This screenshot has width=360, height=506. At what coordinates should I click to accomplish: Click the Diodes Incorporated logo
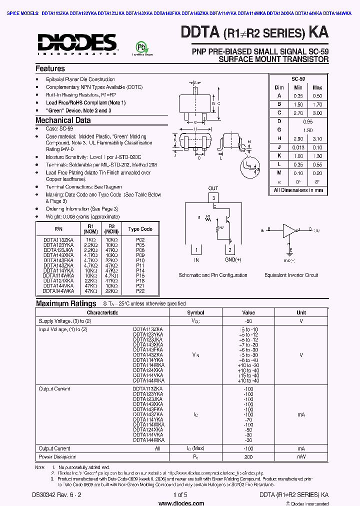[x=76, y=43]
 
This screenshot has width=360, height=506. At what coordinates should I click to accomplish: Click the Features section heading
[x=50, y=68]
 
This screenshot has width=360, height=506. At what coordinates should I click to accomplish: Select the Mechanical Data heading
[x=63, y=120]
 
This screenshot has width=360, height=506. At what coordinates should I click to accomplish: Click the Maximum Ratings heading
[x=66, y=303]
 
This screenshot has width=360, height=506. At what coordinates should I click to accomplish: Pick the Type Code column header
[x=140, y=229]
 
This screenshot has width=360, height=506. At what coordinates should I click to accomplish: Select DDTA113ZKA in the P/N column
[x=58, y=239]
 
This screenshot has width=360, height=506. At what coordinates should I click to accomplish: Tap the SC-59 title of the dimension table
[x=298, y=79]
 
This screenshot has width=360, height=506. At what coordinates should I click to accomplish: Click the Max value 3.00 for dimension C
[x=317, y=113]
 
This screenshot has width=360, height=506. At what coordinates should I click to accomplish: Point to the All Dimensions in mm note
[x=298, y=190]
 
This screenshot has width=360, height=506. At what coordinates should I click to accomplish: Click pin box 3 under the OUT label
[x=213, y=198]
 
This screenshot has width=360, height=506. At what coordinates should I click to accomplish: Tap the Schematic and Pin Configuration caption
[x=213, y=275]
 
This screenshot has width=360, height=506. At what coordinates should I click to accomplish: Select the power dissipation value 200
[x=248, y=456]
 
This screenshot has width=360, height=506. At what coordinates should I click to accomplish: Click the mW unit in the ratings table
[x=301, y=456]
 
